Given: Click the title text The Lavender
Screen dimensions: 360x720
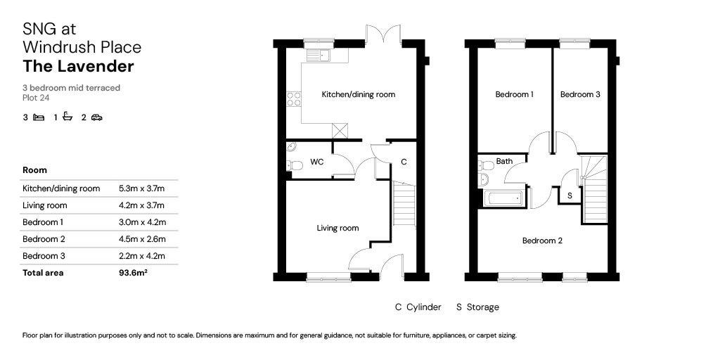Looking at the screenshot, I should pyautogui.click(x=78, y=67).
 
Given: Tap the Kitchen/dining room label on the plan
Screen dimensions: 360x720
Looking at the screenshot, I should pyautogui.click(x=358, y=95).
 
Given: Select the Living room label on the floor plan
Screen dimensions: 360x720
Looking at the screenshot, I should pyautogui.click(x=337, y=228).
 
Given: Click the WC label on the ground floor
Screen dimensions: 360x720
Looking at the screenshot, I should pyautogui.click(x=317, y=162).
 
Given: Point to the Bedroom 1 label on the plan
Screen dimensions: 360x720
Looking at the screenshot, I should pyautogui.click(x=514, y=94).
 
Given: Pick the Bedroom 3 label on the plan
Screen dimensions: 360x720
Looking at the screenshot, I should pyautogui.click(x=580, y=94).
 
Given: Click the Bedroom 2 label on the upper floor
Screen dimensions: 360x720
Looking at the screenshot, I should pyautogui.click(x=542, y=240).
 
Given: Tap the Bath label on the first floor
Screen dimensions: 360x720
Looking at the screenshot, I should pyautogui.click(x=504, y=161).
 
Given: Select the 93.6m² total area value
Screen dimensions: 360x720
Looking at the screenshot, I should pyautogui.click(x=133, y=273).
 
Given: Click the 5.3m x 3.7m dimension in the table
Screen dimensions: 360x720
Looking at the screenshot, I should pyautogui.click(x=141, y=188).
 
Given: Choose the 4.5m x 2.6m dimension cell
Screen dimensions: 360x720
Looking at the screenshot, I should pyautogui.click(x=141, y=239).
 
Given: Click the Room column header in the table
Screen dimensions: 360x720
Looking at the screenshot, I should pyautogui.click(x=35, y=170).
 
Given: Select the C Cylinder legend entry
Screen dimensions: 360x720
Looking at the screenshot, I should pyautogui.click(x=418, y=307).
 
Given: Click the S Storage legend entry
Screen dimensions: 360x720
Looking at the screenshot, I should pyautogui.click(x=477, y=307).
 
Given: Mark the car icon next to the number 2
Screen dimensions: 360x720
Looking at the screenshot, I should pyautogui.click(x=96, y=117).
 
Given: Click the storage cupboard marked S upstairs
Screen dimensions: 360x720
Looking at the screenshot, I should pyautogui.click(x=570, y=195).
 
